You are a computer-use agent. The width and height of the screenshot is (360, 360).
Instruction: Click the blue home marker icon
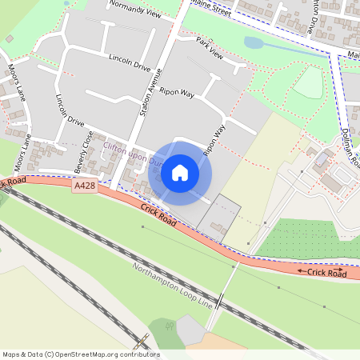pyautogui.click(x=180, y=173)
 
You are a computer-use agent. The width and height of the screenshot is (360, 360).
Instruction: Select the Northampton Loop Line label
pyautogui.click(x=174, y=286)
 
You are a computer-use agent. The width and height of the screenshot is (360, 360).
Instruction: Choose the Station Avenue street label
pyautogui.click(x=150, y=93)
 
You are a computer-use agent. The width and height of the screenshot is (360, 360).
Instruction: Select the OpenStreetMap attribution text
pyautogui.click(x=81, y=354)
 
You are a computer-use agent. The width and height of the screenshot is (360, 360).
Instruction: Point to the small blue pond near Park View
pyautogui.click(x=253, y=43)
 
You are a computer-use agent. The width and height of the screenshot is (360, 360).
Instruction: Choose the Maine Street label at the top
pyautogui.click(x=211, y=10)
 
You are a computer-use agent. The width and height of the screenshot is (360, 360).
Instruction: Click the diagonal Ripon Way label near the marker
pyautogui.click(x=214, y=139)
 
